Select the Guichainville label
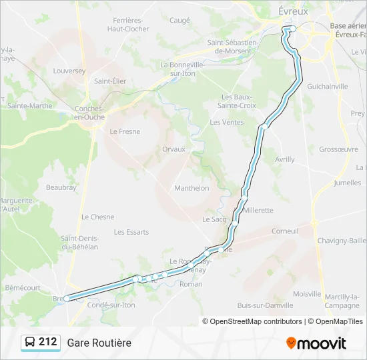point(327,86)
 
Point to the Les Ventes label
point(227,122)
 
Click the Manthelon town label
point(192,188)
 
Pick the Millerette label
point(258,209)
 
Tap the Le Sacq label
point(215,219)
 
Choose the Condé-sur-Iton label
point(111,305)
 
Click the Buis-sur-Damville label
point(265,305)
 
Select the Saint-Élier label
point(110,81)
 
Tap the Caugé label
point(179,20)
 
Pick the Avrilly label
point(284,159)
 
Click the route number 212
point(47,342)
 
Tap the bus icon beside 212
point(30,342)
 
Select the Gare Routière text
point(99,343)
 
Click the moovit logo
point(316,343)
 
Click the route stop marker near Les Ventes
point(265,125)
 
